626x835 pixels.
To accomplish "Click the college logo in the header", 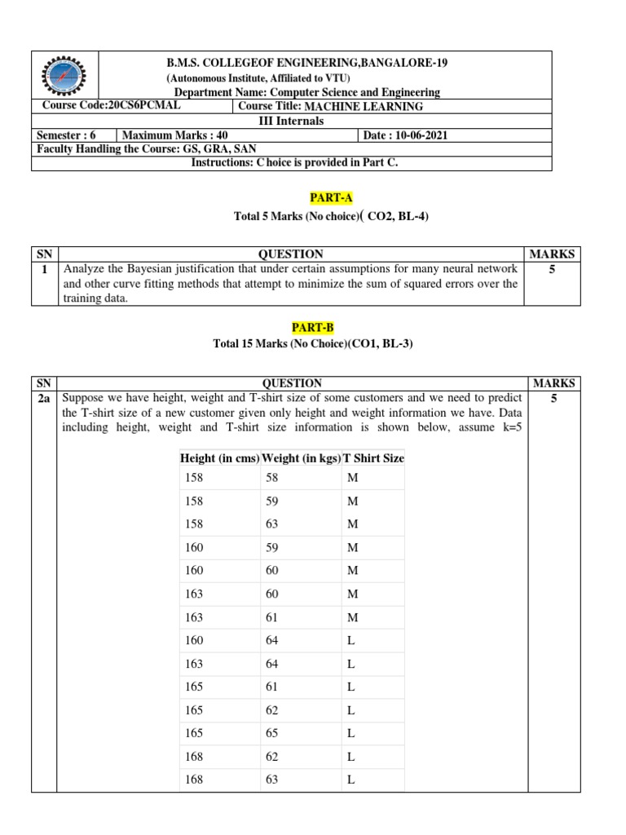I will pos(65,76).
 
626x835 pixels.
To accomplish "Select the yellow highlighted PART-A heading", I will pos(321,198).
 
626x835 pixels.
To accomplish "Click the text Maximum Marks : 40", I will pos(169,135).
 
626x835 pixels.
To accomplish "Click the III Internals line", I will pos(291,121).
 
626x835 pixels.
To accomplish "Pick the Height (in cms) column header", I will pos(218,458).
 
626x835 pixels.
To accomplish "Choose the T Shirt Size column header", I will pos(373,458).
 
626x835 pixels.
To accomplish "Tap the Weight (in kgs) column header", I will pos(301,458).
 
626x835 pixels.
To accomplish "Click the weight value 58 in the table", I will pos(272,477).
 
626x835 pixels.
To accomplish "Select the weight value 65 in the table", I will pos(272,733).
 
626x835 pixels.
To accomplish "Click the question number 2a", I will pos(44,399).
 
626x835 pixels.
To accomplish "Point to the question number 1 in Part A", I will pos(44,268).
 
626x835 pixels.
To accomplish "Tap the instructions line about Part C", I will pos(294,162).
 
